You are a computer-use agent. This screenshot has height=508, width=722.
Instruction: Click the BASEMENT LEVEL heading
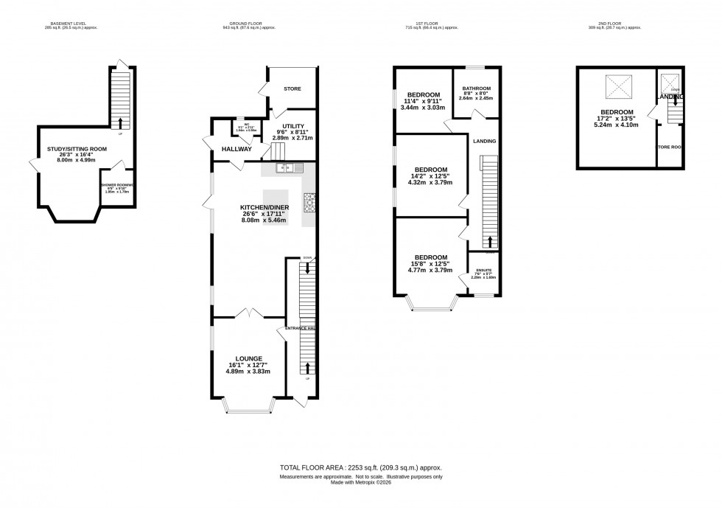(x=73, y=24)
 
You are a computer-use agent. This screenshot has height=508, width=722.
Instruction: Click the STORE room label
(x=292, y=89)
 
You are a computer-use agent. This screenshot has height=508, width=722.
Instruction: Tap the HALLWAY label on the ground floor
(x=236, y=149)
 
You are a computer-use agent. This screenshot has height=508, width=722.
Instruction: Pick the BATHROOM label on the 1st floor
(x=476, y=88)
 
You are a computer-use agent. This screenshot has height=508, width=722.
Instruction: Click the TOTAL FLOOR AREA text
(x=360, y=468)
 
